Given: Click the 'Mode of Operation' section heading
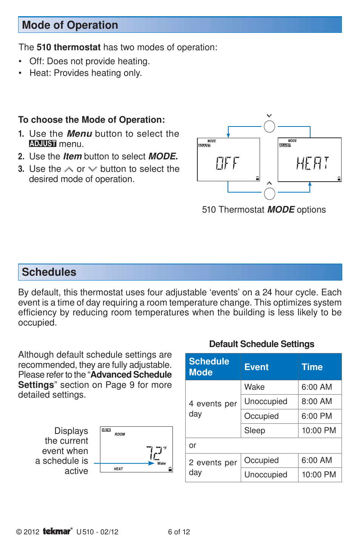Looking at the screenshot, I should pos(70,25).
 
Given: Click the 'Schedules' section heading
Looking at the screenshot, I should pos(49,272).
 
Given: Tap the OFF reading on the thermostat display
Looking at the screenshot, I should pos(228,163).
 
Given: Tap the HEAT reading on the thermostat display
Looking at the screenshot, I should pos(312,163).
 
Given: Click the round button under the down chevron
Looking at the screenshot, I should pos(269,127).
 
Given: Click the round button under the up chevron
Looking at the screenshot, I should pos(269,194).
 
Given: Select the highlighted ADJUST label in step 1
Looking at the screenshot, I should pos(43,144).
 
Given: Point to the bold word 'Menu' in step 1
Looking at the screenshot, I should pos(79,134).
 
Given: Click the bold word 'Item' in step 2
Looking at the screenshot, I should pos(72,156).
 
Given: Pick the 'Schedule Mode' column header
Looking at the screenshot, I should pos(209,367).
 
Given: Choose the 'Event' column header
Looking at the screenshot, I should pos(257,367).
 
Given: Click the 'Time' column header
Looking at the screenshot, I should pos(312,367).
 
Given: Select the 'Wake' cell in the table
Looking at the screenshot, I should pos(254,387).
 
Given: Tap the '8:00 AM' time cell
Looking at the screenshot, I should pos(317,401).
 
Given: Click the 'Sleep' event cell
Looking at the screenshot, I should pos(255,430).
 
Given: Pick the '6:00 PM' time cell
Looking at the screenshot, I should pos(317,416).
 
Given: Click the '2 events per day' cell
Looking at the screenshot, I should pos(213,468).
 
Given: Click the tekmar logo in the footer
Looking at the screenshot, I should pos(57,531).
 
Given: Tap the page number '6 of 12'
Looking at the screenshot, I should pos(179,532).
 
